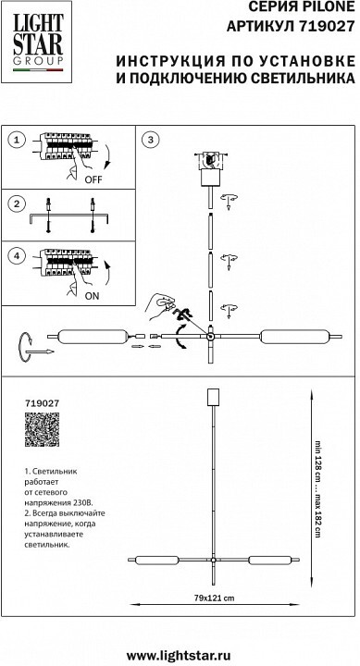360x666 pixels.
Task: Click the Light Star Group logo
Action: pyautogui.click(x=36, y=42)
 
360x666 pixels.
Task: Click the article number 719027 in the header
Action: pyautogui.click(x=327, y=27)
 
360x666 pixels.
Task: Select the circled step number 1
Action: pyautogui.click(x=17, y=140)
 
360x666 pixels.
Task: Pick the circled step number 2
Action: pyautogui.click(x=17, y=203)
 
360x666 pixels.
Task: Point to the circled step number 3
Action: pyautogui.click(x=150, y=140)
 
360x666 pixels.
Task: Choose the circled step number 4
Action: pyautogui.click(x=17, y=255)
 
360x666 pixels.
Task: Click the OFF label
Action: pyautogui.click(x=93, y=179)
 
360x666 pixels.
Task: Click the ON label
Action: pyautogui.click(x=92, y=296)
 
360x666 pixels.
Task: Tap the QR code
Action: pyautogui.click(x=42, y=429)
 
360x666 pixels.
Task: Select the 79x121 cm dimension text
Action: pyautogui.click(x=211, y=598)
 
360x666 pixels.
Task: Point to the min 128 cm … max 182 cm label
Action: pyautogui.click(x=317, y=488)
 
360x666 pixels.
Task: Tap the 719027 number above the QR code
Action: pyautogui.click(x=42, y=402)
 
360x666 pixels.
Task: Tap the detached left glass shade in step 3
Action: pyautogui.click(x=93, y=337)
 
